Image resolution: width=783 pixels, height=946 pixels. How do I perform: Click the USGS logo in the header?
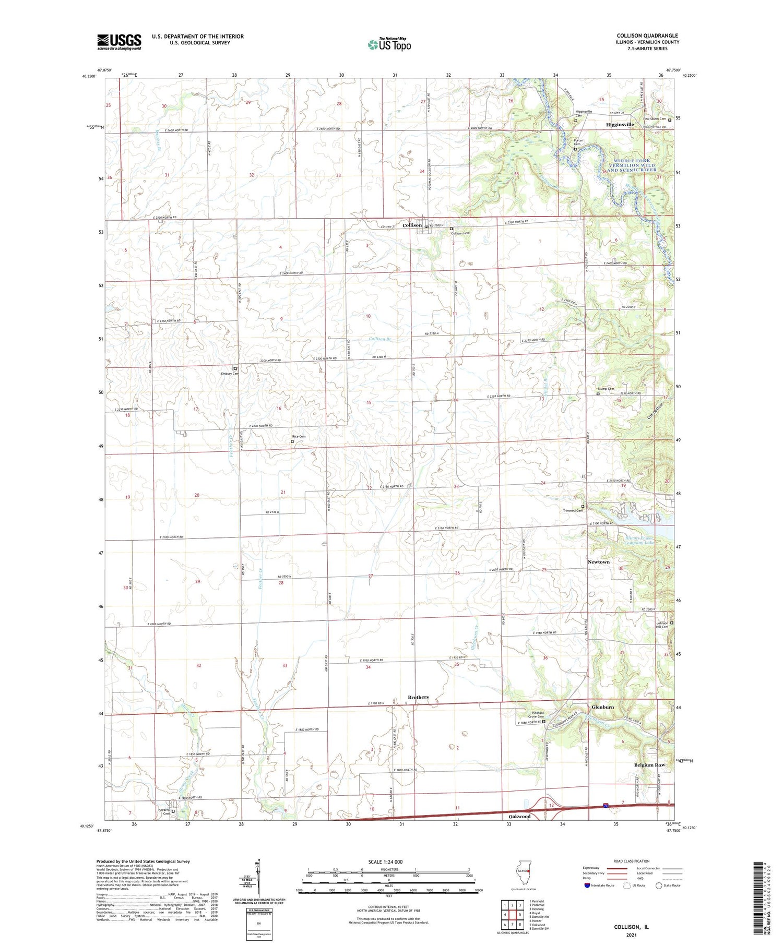click(x=119, y=42)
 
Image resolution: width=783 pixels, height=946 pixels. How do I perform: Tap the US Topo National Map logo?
click(x=389, y=44)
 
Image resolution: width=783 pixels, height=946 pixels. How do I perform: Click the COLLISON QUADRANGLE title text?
click(x=647, y=35)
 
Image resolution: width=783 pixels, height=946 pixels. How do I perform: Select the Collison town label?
click(x=412, y=225)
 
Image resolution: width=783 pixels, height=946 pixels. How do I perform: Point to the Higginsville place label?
click(x=620, y=125)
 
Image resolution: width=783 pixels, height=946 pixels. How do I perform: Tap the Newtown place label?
click(x=598, y=562)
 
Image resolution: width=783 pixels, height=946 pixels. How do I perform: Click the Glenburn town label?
click(x=602, y=707)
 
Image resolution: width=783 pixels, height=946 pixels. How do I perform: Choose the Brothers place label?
click(x=418, y=697)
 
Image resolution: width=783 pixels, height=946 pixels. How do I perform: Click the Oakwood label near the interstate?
click(x=519, y=817)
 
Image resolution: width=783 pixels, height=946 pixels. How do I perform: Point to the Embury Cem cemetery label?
click(x=229, y=374)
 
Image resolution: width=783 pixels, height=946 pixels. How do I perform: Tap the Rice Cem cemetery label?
click(x=299, y=436)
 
